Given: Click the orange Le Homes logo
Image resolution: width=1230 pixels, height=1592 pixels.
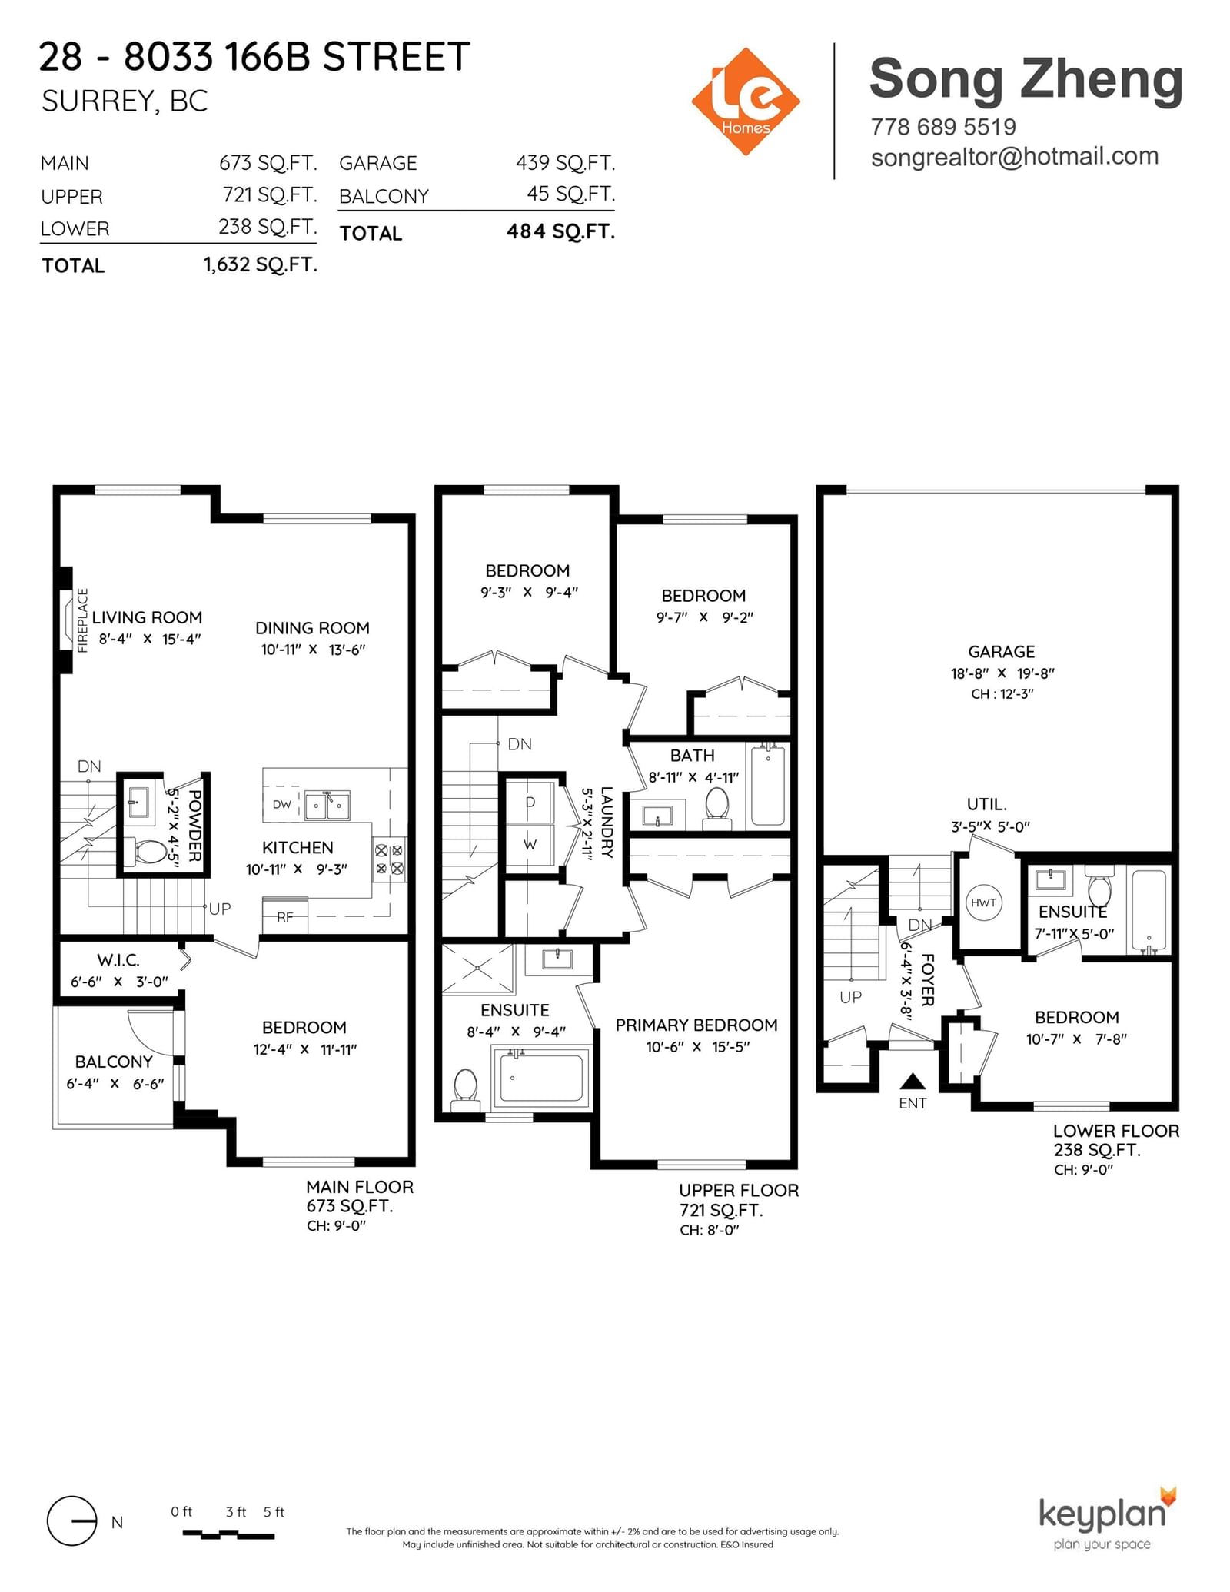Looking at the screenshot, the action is (x=745, y=101).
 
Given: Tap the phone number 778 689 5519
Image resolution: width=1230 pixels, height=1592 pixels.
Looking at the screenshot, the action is (x=942, y=127).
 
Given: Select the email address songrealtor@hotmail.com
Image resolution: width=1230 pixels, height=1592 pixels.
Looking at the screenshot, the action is (x=1014, y=156).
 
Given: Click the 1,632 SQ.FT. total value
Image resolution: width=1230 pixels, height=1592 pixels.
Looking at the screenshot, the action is (x=260, y=264).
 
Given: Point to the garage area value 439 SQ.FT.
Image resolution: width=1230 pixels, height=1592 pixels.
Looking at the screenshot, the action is (x=565, y=163).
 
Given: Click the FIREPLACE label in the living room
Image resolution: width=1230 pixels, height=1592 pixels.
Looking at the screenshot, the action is (x=83, y=620).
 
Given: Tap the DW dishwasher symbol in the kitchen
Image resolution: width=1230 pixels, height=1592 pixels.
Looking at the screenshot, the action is (x=282, y=805).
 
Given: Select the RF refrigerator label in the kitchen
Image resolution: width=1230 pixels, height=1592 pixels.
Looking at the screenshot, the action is (x=284, y=916).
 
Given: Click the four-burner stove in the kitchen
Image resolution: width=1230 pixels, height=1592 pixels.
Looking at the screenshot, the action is (x=389, y=859).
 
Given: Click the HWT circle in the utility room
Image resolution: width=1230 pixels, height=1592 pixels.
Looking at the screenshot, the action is (x=983, y=902).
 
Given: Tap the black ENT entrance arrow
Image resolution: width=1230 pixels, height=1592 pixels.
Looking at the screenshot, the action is (x=913, y=1082).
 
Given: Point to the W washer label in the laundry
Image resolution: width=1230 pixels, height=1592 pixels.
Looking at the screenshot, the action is (x=530, y=844).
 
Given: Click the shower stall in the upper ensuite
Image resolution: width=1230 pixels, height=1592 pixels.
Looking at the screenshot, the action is (x=477, y=969).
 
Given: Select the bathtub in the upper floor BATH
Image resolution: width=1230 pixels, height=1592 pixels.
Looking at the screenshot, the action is (x=768, y=784).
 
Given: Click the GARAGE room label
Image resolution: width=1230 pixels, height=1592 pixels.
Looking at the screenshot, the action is (x=1001, y=652).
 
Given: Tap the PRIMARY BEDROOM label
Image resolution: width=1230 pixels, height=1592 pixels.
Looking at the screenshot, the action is (x=696, y=1025).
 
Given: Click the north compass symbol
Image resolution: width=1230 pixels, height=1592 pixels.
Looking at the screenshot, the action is (x=72, y=1521).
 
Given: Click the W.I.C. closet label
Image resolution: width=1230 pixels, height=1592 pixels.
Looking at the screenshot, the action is (x=118, y=960).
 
